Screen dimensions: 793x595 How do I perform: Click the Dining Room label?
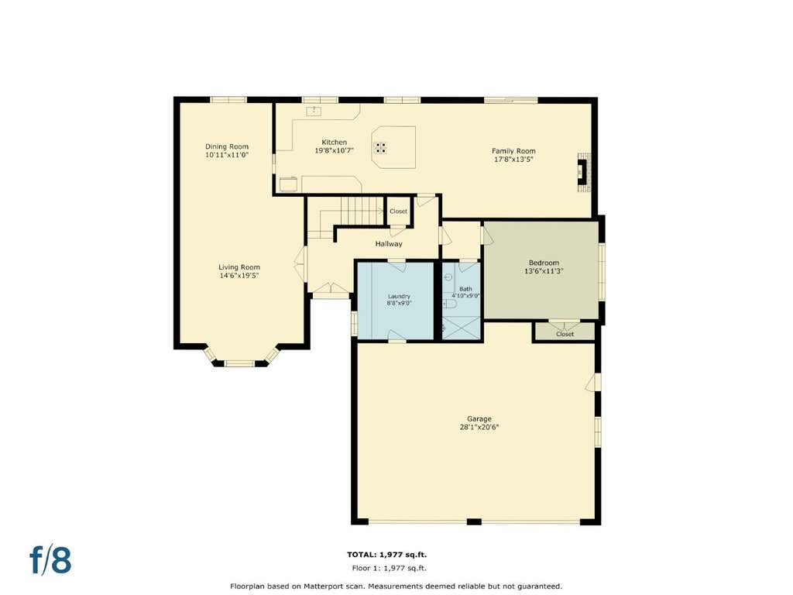(227, 146)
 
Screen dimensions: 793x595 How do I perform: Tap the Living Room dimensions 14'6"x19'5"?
(239, 276)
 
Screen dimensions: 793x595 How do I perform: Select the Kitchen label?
(335, 143)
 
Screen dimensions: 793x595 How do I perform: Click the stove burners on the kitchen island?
(380, 148)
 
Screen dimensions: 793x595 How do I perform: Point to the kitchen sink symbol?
(314, 111)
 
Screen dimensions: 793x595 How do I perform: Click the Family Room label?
(514, 151)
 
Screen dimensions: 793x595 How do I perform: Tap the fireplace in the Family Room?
(584, 173)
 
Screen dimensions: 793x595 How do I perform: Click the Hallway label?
(389, 244)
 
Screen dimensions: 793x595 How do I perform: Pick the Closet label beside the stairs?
(399, 211)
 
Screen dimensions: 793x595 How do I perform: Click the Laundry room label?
(399, 297)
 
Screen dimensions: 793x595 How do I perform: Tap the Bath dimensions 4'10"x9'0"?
(465, 295)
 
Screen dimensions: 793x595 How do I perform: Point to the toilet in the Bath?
(450, 304)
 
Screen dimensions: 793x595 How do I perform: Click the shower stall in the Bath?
(461, 328)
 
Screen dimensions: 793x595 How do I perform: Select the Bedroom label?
(544, 263)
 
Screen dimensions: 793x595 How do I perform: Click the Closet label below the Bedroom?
(565, 334)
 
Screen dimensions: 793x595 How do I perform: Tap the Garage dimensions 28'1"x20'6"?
(479, 427)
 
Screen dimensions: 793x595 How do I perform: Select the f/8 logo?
(50, 559)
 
